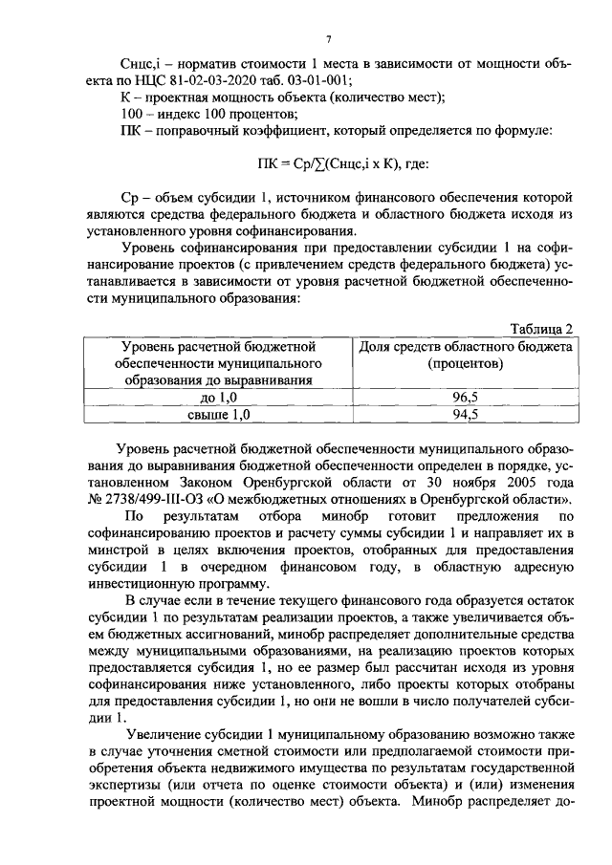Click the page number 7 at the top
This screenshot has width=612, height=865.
(327, 39)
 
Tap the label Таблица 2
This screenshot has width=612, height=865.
(541, 329)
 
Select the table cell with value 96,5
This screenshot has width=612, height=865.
(464, 397)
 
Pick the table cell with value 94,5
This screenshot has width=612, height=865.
(464, 414)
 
